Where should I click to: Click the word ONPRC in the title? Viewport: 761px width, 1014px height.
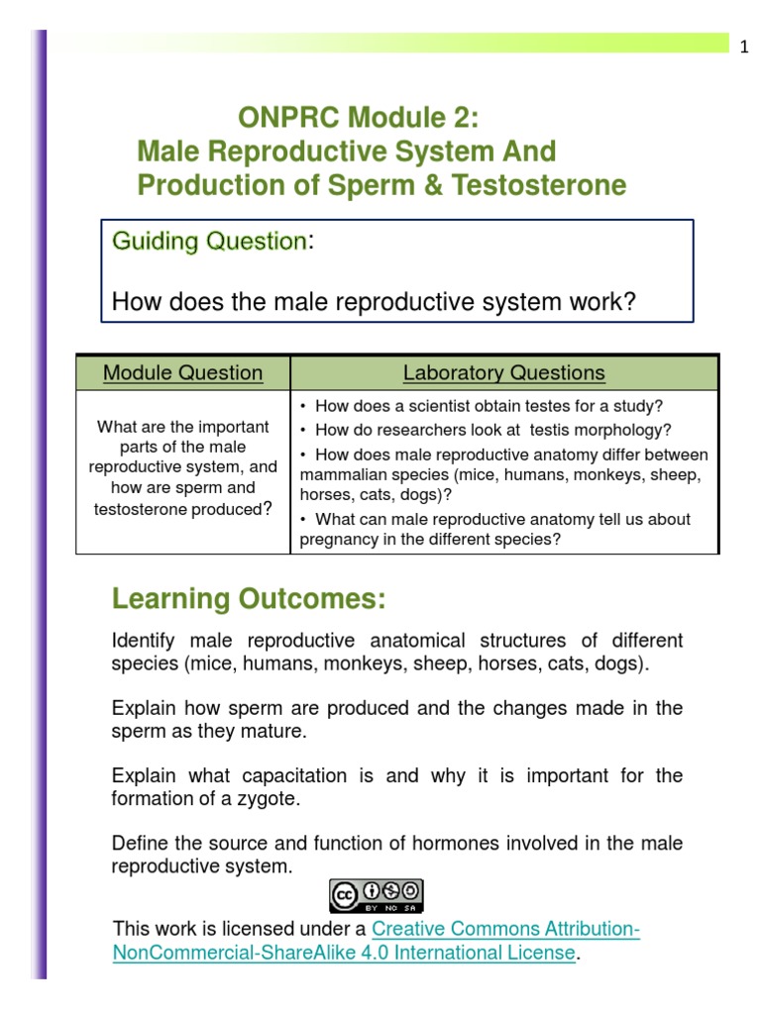(282, 119)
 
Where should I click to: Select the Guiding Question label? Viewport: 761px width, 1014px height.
(209, 242)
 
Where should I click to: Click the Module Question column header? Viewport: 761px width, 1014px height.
(183, 373)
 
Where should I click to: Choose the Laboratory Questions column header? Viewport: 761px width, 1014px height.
(503, 373)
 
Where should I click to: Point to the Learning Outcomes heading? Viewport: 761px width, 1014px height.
(248, 599)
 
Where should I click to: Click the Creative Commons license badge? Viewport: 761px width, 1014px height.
(377, 895)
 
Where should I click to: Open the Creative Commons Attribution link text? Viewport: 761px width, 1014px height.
(505, 929)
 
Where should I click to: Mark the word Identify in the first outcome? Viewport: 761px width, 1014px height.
(145, 641)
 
